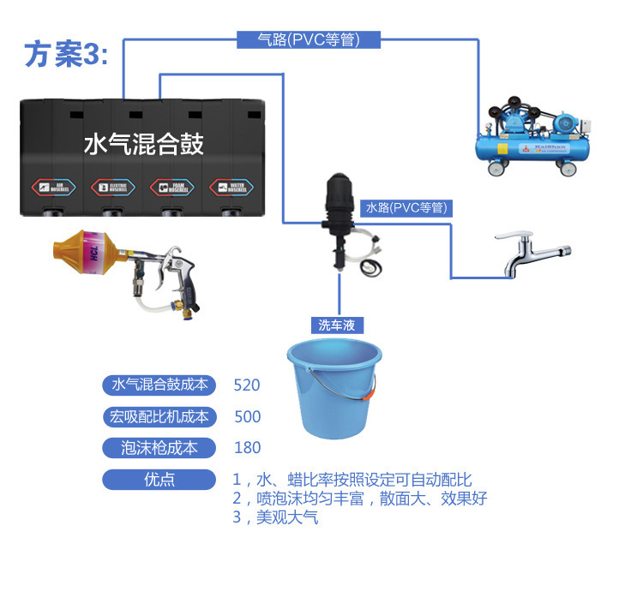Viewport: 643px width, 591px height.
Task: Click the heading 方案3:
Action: coord(66,55)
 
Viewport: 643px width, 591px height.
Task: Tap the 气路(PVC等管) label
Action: coord(308,39)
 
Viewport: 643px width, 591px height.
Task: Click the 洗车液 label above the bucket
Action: coord(336,325)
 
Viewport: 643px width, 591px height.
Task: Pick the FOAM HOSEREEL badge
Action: coord(169,187)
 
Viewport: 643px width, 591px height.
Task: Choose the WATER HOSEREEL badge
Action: coord(229,187)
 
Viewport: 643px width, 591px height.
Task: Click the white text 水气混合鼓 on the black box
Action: coord(144,143)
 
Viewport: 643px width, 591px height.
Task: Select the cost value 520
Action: coord(247,385)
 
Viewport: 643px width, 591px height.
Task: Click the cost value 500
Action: coord(247,417)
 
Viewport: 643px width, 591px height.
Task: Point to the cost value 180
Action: coord(247,448)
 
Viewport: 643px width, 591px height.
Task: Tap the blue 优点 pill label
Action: coord(159,480)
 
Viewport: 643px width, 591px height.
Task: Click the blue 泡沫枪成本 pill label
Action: coord(159,448)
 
